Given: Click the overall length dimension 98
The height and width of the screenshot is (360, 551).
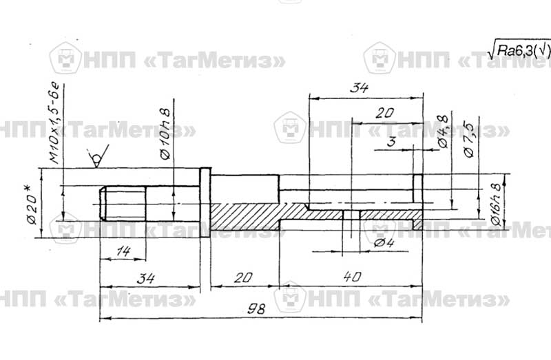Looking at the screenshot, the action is click(256, 309).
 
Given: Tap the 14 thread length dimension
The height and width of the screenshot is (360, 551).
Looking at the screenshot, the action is click(123, 251).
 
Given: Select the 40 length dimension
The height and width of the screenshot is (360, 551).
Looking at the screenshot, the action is click(352, 277).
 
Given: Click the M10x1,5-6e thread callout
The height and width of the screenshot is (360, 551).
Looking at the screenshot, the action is click(56, 124).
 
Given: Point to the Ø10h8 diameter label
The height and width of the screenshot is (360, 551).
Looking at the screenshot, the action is click(165, 134).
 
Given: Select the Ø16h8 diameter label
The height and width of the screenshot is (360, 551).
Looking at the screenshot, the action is click(495, 204).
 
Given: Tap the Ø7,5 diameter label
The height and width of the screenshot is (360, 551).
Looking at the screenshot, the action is click(470, 140).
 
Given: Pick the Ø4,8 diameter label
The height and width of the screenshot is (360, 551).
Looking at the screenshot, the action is click(443, 131).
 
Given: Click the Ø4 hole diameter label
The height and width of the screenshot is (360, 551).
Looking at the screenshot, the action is click(384, 242).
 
